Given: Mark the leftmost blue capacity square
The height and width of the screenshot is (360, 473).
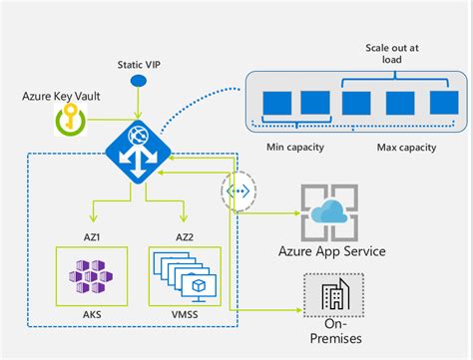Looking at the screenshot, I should [x=274, y=101].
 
